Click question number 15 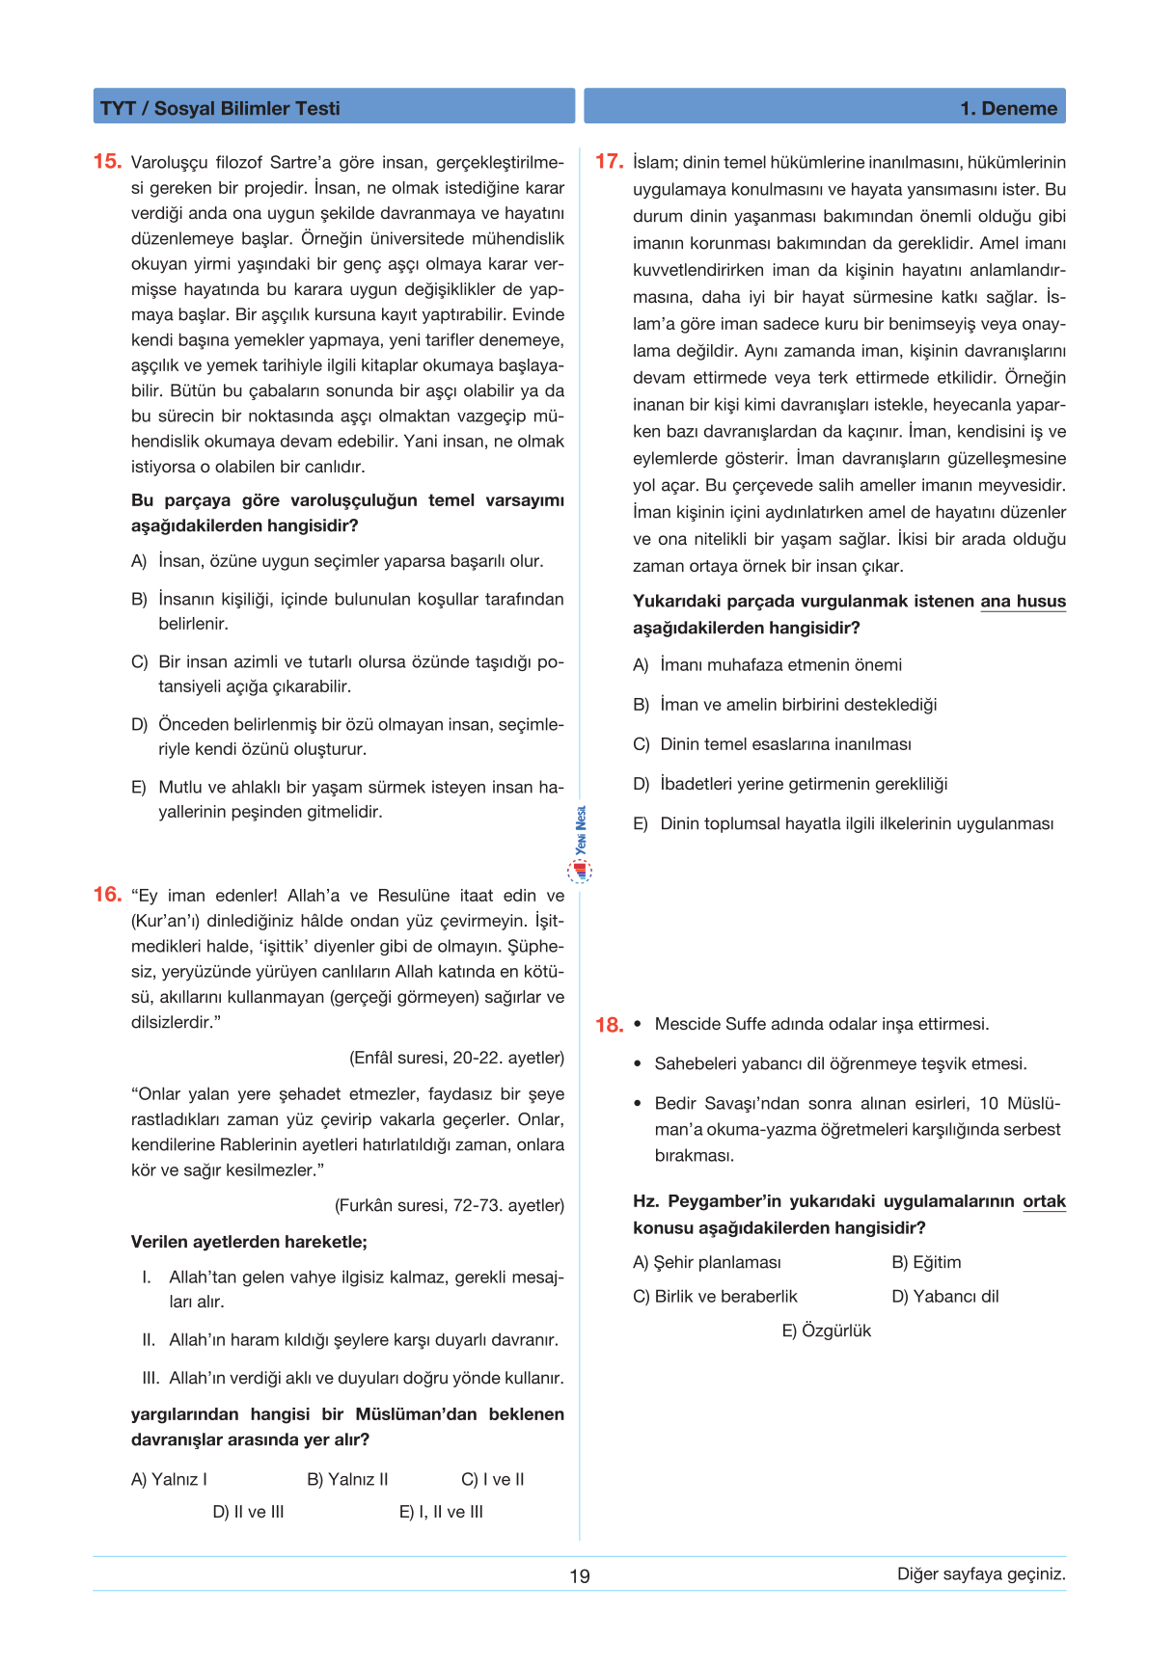pyautogui.click(x=107, y=162)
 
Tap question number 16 pyautogui.click(x=107, y=895)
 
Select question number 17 pyautogui.click(x=609, y=162)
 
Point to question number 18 pyautogui.click(x=609, y=1025)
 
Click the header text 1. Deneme pyautogui.click(x=1008, y=108)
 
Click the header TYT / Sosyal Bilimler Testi pyautogui.click(x=220, y=108)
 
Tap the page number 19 pyautogui.click(x=579, y=1576)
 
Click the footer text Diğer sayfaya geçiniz pyautogui.click(x=981, y=1574)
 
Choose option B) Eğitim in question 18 pyautogui.click(x=926, y=1262)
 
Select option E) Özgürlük pyautogui.click(x=826, y=1331)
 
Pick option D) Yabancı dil pyautogui.click(x=945, y=1296)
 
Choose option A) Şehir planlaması pyautogui.click(x=707, y=1262)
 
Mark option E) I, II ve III pyautogui.click(x=441, y=1512)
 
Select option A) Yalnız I pyautogui.click(x=169, y=1479)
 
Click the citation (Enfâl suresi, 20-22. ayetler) pyautogui.click(x=456, y=1058)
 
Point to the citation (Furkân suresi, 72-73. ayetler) pyautogui.click(x=450, y=1205)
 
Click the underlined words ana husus pyautogui.click(x=1023, y=602)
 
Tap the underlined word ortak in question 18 pyautogui.click(x=1044, y=1201)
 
